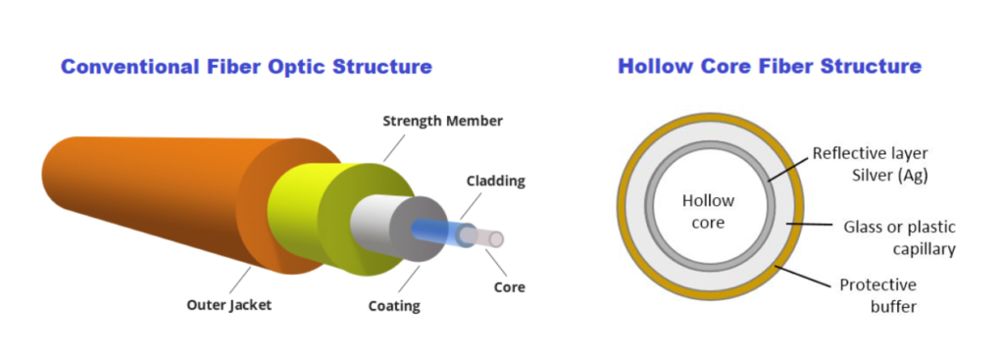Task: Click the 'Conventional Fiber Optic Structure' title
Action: point(246,68)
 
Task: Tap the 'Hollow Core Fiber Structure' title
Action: point(769,67)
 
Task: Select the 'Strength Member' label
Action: point(441,122)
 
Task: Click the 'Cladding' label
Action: point(496,181)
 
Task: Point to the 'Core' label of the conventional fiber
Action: point(510,287)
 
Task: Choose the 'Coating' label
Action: point(394,306)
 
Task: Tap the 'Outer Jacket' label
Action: point(228,305)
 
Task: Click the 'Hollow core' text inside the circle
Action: point(703,212)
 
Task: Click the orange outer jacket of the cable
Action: point(147,196)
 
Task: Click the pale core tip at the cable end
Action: point(497,239)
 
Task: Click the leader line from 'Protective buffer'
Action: point(805,276)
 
